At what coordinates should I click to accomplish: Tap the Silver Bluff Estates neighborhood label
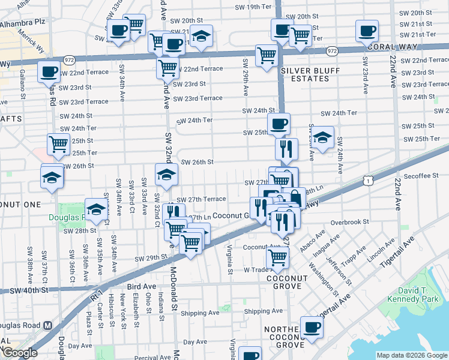coord(302,74)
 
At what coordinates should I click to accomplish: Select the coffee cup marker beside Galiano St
coord(48,71)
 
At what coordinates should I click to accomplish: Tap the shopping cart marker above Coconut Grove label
coord(277,256)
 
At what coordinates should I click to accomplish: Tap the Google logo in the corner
coord(19,353)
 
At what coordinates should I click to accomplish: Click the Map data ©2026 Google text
coord(411,355)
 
